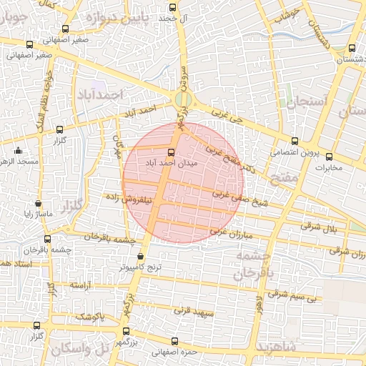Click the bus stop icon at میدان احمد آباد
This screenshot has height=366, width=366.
coord(170,152)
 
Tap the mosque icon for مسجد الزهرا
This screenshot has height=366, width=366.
coord(19,151)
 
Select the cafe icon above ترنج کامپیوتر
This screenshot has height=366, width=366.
coord(140,254)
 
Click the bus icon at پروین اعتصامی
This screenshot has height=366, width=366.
coord(295,141)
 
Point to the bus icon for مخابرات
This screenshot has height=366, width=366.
coord(319,157)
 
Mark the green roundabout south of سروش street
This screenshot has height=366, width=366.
coord(183,99)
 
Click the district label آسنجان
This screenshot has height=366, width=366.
coord(307,102)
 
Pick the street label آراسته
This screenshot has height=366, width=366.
coord(81,285)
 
